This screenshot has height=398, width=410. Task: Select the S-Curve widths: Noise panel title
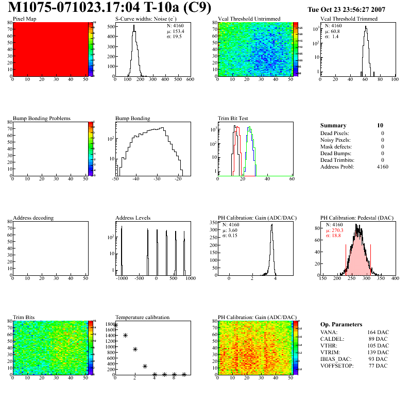[144, 19]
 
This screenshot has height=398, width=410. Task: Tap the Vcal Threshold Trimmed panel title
[349, 19]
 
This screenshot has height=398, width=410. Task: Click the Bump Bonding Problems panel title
[42, 118]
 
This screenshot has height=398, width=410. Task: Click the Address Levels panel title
[134, 218]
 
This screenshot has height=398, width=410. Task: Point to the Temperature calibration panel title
[142, 317]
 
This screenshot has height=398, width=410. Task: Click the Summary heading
[333, 125]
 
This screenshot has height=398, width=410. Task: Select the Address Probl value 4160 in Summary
[383, 167]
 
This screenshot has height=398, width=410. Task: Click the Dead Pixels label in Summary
[335, 133]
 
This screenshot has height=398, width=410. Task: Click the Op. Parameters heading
[341, 324]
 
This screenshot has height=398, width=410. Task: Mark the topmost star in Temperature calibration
[115, 325]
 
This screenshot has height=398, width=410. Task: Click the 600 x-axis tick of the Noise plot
[190, 80]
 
